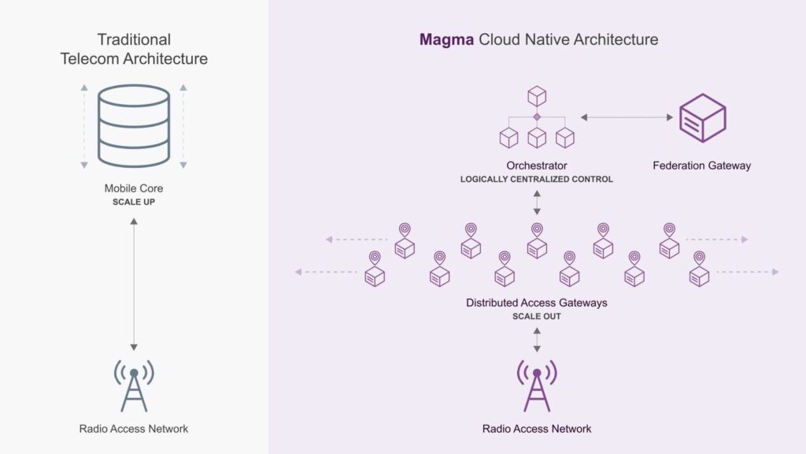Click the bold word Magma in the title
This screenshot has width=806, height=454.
coord(446,39)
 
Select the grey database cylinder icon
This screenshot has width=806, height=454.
coord(134,126)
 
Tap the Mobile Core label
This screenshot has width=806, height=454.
coord(134,188)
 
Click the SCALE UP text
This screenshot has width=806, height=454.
coord(134,202)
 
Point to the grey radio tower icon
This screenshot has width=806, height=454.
coord(134,385)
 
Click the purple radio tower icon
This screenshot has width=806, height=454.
coord(537,385)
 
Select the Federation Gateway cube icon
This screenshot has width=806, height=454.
coord(701,118)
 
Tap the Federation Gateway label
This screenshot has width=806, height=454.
coord(701,166)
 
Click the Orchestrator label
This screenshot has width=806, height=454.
coord(537,166)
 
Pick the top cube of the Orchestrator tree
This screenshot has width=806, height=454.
coord(537,96)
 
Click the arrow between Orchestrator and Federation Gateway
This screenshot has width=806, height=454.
coord(627,117)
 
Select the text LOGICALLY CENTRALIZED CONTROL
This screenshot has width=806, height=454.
coord(537,180)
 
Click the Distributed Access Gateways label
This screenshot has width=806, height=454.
coord(537,303)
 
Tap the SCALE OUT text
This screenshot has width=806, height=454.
coord(537,316)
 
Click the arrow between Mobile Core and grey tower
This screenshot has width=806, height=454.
coord(134,284)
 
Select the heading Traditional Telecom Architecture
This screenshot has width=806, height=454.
coord(134,48)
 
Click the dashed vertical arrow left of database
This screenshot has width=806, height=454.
coord(84,126)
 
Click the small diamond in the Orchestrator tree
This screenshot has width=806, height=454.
coord(537,117)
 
